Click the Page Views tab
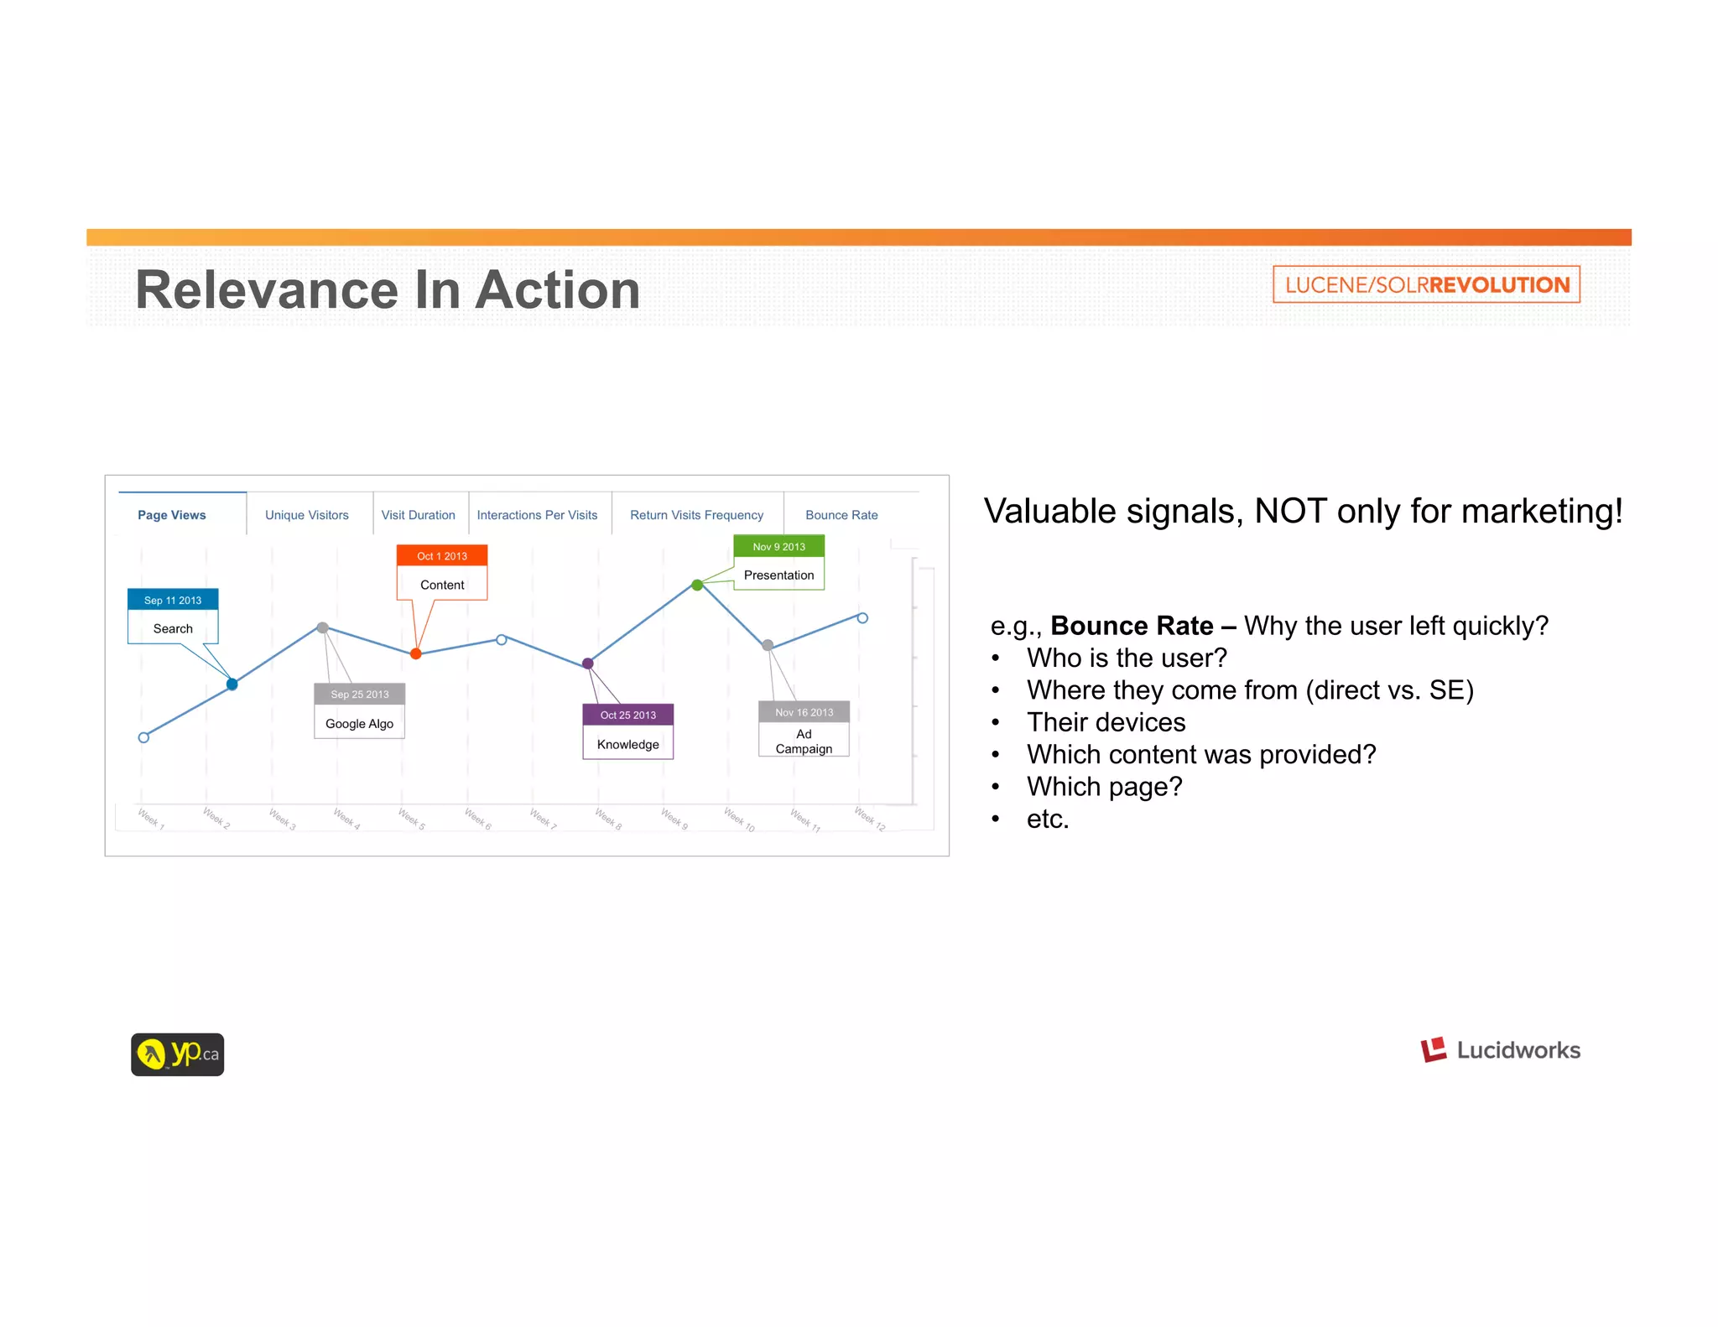(x=172, y=515)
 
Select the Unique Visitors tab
(x=307, y=515)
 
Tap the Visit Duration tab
(x=418, y=515)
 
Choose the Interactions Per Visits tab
(x=537, y=515)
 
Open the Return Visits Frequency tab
(x=696, y=515)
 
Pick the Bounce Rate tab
(x=841, y=515)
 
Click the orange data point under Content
(x=416, y=653)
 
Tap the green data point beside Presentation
(x=697, y=585)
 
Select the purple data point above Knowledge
(x=588, y=663)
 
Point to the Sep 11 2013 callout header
(x=173, y=600)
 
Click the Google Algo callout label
(x=359, y=724)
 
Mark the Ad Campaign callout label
(x=804, y=742)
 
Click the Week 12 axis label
(x=869, y=819)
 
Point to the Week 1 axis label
(x=151, y=819)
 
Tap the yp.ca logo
(x=177, y=1054)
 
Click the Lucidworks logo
(x=1500, y=1050)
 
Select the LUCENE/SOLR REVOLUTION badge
(x=1426, y=284)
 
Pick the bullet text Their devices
(x=1106, y=722)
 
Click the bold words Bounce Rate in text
(x=1131, y=626)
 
